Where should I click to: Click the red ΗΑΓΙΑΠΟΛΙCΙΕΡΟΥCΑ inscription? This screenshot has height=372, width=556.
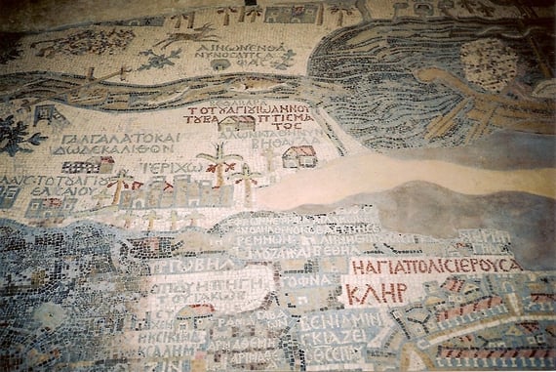click(435, 266)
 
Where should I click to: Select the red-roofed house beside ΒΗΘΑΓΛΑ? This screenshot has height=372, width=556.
click(299, 156)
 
